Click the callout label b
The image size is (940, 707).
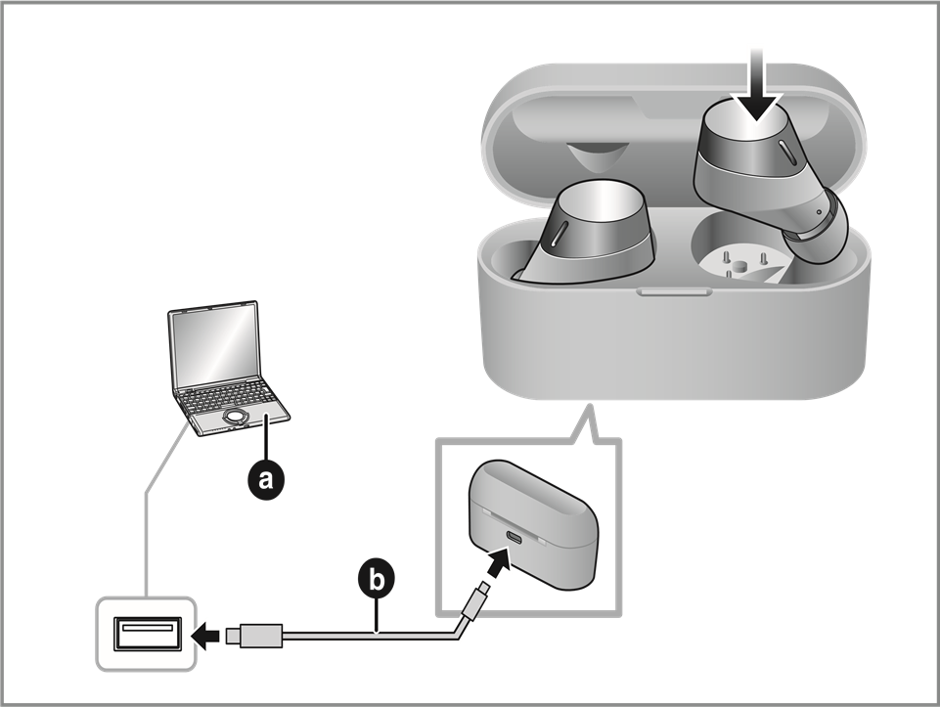click(376, 579)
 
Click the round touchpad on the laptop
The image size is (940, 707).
click(234, 418)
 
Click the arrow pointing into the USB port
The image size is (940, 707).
click(205, 636)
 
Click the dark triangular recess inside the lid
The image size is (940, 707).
click(596, 156)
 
